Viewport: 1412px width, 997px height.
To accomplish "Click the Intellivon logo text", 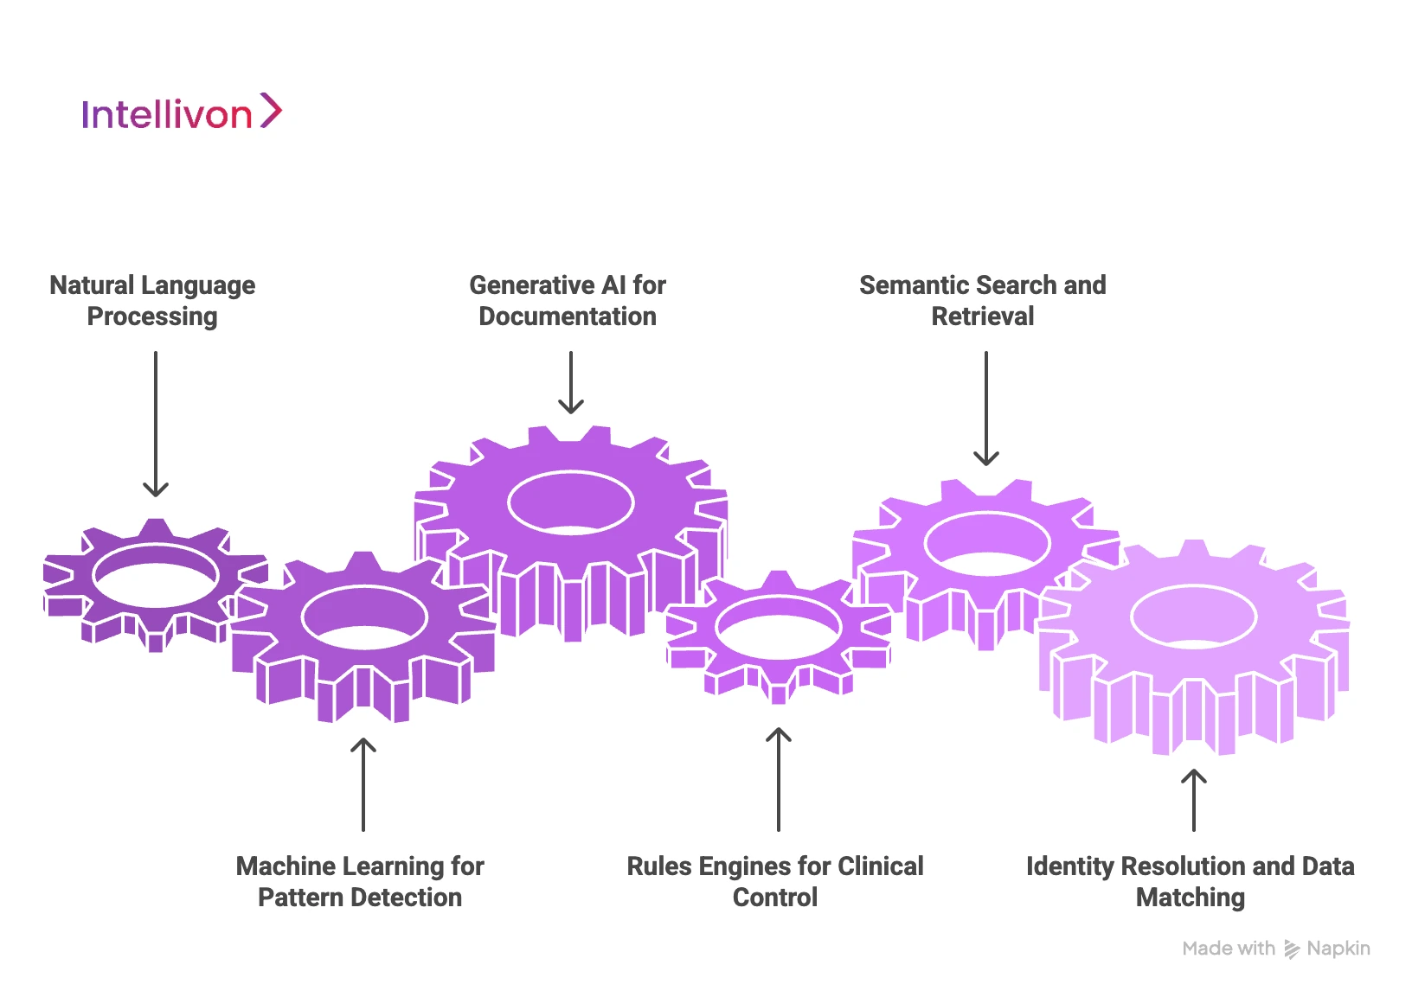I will tap(166, 114).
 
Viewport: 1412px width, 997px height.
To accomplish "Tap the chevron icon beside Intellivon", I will tap(271, 111).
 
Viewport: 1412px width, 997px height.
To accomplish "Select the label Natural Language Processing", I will tap(152, 300).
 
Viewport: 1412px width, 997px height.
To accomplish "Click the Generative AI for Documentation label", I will tap(568, 300).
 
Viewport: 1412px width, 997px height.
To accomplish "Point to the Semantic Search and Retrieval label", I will tap(982, 300).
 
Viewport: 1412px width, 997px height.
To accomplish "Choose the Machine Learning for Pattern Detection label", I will tap(360, 881).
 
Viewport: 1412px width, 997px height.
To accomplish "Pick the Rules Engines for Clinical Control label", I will tap(775, 881).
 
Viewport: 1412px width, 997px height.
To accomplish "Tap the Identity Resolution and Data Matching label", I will tap(1191, 881).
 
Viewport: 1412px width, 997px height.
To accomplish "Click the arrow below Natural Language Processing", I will tap(156, 424).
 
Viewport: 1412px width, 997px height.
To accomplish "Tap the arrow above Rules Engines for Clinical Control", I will tap(779, 779).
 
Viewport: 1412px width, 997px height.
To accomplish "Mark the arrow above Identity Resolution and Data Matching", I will tap(1194, 800).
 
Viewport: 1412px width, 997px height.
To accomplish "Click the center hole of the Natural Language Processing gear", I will tap(156, 576).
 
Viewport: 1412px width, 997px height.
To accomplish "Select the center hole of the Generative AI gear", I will tap(571, 503).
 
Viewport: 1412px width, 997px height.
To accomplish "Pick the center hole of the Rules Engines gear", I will tap(779, 626).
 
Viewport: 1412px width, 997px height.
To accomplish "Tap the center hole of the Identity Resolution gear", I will tap(1194, 617).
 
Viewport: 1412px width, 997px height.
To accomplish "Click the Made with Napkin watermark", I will tap(1276, 949).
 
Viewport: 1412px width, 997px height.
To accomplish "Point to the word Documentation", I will tap(568, 316).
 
